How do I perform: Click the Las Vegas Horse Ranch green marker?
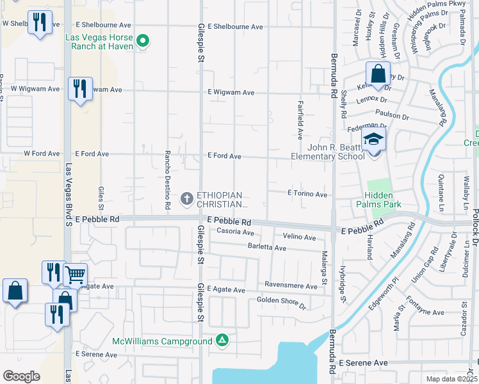(x=143, y=42)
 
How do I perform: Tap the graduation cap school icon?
(x=374, y=140)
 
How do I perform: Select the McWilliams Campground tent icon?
(x=222, y=340)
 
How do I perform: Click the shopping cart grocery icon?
(x=75, y=275)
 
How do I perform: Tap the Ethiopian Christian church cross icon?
(x=187, y=198)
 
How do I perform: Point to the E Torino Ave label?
(x=307, y=194)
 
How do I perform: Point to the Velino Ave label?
(x=300, y=237)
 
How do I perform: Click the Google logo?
(x=22, y=376)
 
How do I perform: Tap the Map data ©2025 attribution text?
(x=451, y=379)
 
